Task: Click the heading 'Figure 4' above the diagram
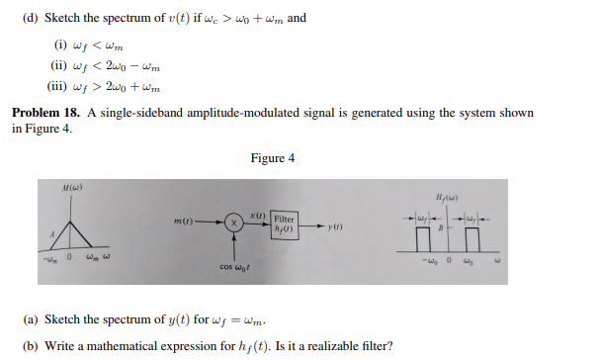tap(273, 158)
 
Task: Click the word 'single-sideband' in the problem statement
tap(135, 114)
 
